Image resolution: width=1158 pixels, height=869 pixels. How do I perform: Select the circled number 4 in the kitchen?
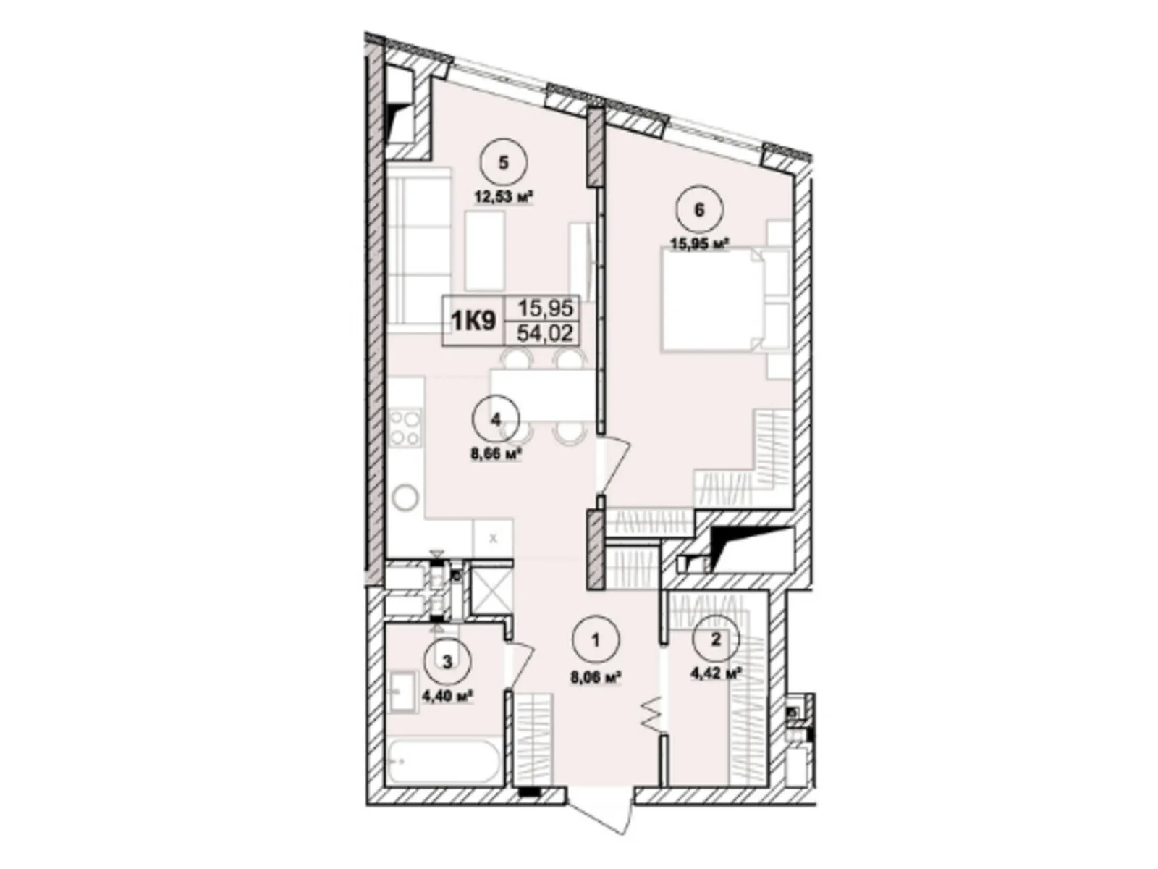[x=495, y=419]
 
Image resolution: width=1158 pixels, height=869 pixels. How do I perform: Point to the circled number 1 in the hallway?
[x=595, y=640]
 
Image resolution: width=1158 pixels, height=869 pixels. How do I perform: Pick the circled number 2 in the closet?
[x=716, y=639]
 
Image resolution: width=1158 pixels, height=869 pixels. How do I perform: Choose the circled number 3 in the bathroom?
[x=447, y=661]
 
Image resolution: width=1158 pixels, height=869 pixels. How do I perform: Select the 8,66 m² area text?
[x=496, y=454]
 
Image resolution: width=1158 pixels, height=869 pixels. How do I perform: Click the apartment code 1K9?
[x=474, y=320]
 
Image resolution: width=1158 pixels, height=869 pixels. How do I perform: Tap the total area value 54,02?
[x=545, y=332]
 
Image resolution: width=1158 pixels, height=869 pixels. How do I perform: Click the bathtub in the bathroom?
[x=442, y=760]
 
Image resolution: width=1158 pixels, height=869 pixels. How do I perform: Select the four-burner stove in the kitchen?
[x=405, y=428]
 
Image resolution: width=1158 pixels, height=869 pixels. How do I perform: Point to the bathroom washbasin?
[x=402, y=692]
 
